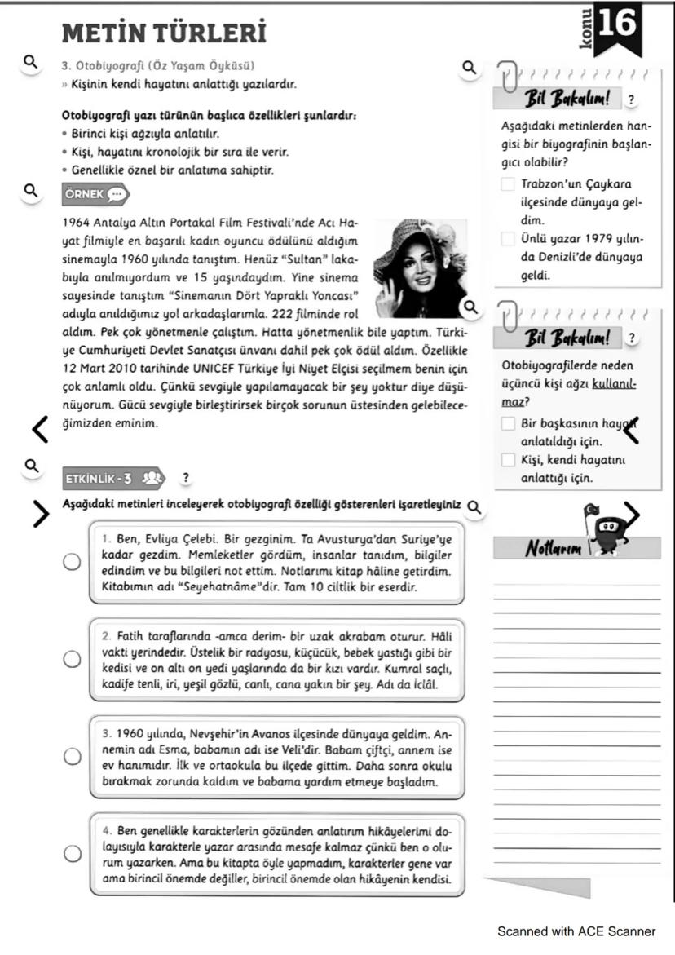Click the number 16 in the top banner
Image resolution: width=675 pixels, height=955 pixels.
click(617, 24)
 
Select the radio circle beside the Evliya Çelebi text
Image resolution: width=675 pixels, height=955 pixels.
click(73, 562)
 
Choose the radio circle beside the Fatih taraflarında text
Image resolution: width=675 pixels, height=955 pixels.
click(73, 659)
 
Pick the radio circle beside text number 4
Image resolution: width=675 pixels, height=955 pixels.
click(73, 853)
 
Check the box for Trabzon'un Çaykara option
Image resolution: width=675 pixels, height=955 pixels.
click(508, 185)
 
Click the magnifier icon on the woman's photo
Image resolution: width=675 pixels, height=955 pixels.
click(470, 307)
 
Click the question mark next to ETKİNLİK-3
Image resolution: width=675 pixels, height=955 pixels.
click(186, 478)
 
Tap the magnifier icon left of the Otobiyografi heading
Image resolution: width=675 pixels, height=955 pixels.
click(30, 62)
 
